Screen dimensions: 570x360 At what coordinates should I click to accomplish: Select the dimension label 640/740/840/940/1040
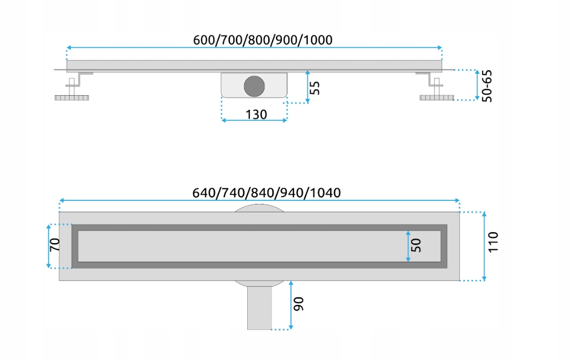(266, 193)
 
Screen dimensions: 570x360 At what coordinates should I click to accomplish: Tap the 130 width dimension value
(256, 114)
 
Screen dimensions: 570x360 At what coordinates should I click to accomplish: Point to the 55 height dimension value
(314, 87)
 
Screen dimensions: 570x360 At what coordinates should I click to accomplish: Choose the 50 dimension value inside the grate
(415, 246)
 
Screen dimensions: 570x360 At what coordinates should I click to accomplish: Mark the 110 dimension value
(493, 242)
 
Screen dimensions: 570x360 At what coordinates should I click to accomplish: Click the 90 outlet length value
(298, 304)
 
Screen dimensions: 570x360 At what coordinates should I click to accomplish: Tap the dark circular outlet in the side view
(254, 86)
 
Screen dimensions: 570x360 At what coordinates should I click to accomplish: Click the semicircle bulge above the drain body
(259, 208)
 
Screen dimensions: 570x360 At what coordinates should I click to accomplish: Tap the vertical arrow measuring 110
(484, 246)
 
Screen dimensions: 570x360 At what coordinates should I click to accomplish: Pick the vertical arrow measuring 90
(291, 305)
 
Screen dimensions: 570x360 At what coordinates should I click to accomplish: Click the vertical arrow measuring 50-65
(477, 85)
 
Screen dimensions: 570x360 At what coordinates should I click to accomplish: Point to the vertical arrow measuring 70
(49, 246)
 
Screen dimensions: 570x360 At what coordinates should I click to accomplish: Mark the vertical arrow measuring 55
(308, 86)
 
